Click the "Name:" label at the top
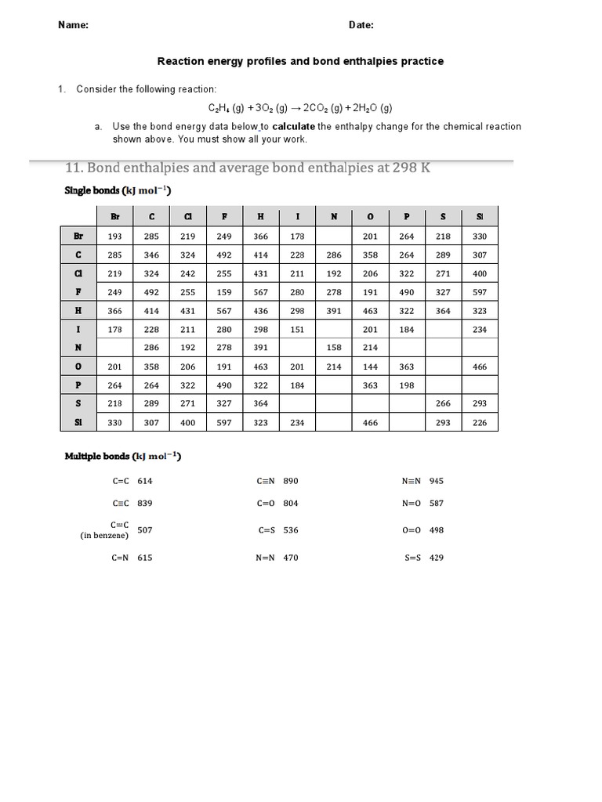[x=73, y=24]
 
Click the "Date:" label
[x=361, y=24]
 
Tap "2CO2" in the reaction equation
[x=317, y=107]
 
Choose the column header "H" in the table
[x=261, y=217]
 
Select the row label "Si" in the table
[x=78, y=422]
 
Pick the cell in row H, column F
[x=224, y=311]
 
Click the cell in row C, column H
[x=261, y=255]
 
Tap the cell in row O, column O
[x=370, y=367]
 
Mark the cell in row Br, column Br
[x=114, y=237]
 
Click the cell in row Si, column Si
[x=480, y=422]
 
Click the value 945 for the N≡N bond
[x=437, y=481]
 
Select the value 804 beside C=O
[x=291, y=503]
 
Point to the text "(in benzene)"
[x=105, y=536]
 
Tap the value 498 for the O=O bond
[x=437, y=529]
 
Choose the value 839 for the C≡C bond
[x=145, y=503]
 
